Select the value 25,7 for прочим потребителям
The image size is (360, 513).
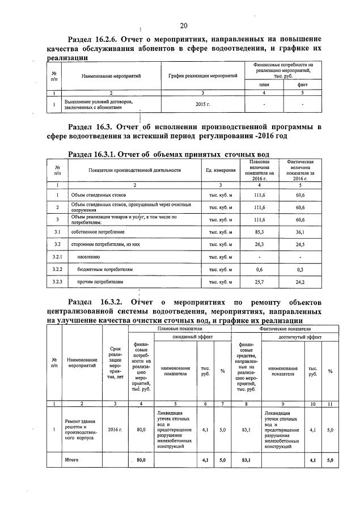click(x=259, y=281)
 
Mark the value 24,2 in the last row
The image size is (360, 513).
click(x=300, y=281)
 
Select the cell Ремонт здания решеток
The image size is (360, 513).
click(x=82, y=430)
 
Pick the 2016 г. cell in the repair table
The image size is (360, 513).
click(x=115, y=430)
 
